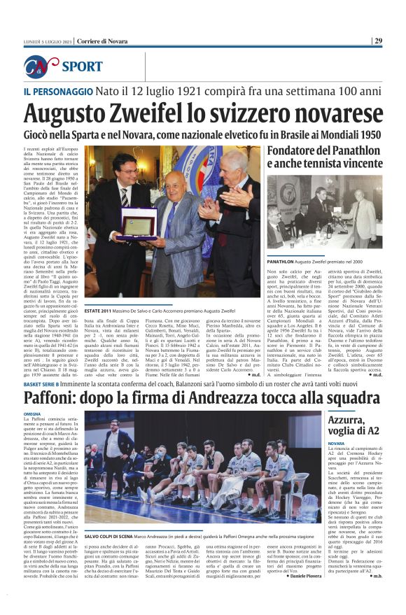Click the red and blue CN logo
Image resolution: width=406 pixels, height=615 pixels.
click(42, 66)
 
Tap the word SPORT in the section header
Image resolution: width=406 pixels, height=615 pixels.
click(82, 67)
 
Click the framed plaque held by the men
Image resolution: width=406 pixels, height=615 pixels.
click(139, 223)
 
